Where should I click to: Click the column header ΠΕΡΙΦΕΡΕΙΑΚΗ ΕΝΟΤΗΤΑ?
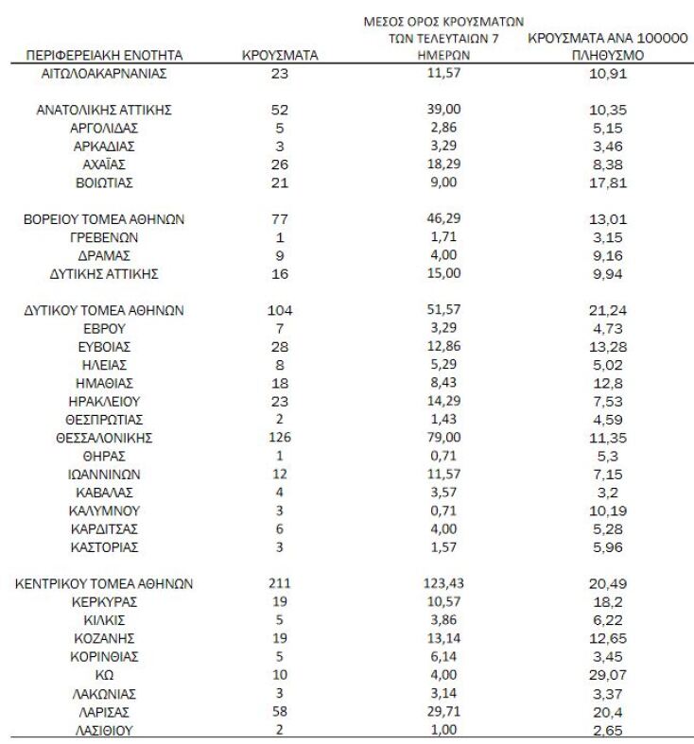[104, 56]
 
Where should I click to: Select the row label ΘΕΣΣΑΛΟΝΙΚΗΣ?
[104, 438]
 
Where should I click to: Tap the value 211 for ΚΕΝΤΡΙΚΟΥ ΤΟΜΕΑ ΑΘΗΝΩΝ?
[280, 583]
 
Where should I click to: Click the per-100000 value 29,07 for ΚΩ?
[606, 675]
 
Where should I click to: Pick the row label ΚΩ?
[104, 675]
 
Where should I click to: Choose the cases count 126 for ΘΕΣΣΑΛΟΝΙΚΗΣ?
[280, 438]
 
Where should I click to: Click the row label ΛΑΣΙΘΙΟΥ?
[104, 730]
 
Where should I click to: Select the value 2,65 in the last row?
[606, 730]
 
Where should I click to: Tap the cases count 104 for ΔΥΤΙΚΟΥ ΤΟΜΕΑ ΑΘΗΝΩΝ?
[280, 310]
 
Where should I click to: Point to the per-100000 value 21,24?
[606, 310]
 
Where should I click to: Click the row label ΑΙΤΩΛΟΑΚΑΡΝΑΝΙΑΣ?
[104, 73]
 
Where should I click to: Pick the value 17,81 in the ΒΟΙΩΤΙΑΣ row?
[606, 182]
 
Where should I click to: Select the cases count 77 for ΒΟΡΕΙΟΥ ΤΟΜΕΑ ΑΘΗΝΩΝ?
[280, 218]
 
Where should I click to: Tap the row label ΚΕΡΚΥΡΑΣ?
[104, 602]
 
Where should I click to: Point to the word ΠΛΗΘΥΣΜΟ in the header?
[606, 56]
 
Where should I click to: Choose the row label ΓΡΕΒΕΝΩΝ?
[104, 237]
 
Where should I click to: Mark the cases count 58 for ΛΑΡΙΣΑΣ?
[280, 711]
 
